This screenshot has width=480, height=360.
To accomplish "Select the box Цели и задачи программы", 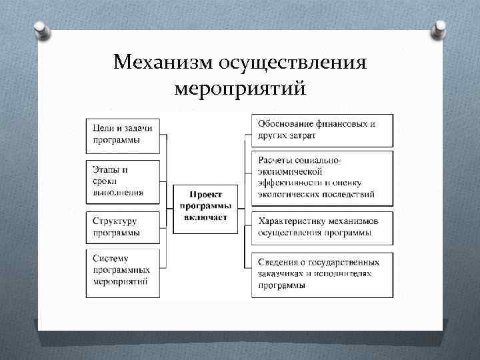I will (123, 134).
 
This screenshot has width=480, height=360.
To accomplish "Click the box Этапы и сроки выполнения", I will (123, 181).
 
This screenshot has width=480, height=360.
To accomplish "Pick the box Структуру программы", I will (123, 227).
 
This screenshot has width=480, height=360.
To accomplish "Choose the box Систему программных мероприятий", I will (123, 272).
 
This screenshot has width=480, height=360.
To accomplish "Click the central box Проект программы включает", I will (207, 207).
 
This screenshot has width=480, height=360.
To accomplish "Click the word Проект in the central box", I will (207, 195).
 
